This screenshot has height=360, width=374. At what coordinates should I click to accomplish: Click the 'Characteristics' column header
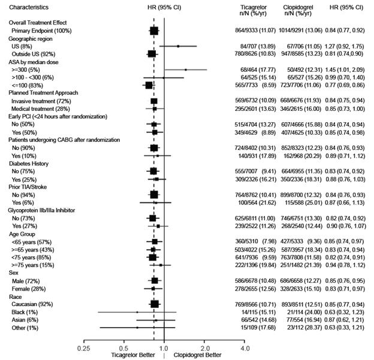click(x=28, y=7)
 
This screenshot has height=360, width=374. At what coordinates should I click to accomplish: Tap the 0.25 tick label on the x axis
click(x=83, y=347)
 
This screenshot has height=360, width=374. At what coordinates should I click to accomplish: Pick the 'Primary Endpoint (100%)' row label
click(x=41, y=29)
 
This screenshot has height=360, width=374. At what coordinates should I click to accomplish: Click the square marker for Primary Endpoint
click(x=154, y=29)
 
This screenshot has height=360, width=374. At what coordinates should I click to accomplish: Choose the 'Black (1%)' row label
click(x=26, y=311)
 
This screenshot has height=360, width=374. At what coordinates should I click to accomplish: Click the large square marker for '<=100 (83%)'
click(x=149, y=85)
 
